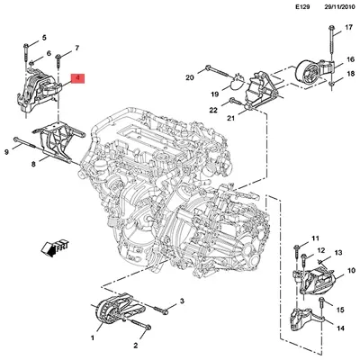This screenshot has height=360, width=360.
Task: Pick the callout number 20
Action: click(x=190, y=78)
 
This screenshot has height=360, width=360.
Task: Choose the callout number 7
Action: click(x=77, y=47)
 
